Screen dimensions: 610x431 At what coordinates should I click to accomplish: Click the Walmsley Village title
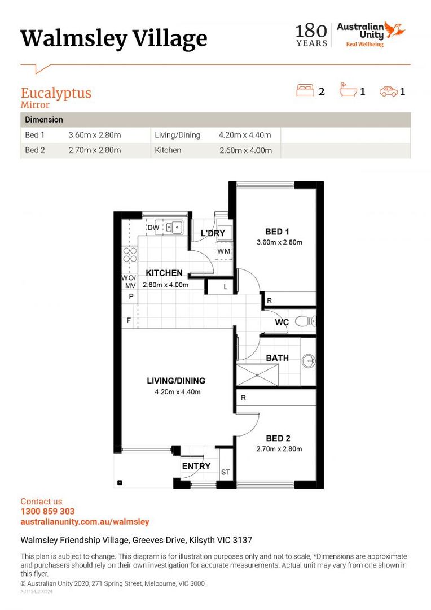pos(113,38)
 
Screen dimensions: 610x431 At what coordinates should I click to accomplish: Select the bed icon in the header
pos(305,90)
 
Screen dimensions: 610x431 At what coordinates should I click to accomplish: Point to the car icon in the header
pos(389,91)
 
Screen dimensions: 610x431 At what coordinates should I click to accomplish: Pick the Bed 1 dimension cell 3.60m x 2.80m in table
pos(95,136)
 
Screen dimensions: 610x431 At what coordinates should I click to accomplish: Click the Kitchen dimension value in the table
pos(245,150)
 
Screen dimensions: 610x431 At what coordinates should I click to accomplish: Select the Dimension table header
pos(44,120)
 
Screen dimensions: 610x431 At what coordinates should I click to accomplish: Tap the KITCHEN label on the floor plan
pos(164,273)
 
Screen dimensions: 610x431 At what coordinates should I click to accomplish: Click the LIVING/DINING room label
pos(176,381)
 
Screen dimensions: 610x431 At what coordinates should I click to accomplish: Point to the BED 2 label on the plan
pos(278,438)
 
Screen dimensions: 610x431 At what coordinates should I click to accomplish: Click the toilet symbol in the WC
pos(305,322)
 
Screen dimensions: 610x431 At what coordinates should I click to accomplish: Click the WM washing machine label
pos(223,251)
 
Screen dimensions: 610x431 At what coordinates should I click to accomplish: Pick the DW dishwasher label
pos(153,228)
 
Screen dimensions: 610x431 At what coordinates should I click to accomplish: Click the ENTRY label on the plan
pos(196,466)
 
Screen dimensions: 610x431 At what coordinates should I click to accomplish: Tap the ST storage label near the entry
pos(226,472)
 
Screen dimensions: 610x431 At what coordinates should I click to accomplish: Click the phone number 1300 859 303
pos(47,512)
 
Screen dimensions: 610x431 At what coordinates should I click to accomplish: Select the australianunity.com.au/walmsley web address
pos(85,522)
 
